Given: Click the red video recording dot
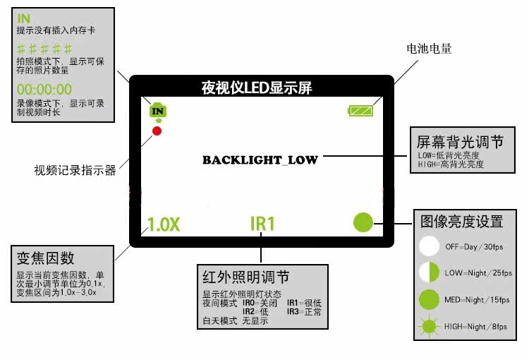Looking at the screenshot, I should pos(157,131).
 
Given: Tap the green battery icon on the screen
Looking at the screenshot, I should pos(364,110).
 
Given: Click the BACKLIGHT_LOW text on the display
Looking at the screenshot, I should pos(260,160).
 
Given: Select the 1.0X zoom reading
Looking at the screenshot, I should pos(164,224).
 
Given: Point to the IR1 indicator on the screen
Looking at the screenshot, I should pos(262,224).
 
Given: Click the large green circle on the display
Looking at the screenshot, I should pos(363,222).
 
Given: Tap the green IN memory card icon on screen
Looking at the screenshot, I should pos(158,110).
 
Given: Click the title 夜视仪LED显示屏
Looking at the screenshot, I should pos(257,88).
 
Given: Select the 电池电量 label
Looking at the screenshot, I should pos(429,49).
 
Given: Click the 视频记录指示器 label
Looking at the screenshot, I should pos(75,170).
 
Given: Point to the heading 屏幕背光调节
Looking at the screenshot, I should pos(461,142).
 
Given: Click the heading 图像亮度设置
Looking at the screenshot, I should pos(461,221).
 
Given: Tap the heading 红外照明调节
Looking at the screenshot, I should pos(245,277).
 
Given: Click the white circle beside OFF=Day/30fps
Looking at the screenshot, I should pos(429,246).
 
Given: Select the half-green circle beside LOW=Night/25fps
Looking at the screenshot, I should pos(429,272).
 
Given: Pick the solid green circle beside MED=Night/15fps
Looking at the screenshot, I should pos(429,299).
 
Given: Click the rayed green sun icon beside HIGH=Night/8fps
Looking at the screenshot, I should pos(429,327).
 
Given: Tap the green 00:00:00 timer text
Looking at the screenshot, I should pos(44,89).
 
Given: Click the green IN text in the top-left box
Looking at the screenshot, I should pos(24,18).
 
